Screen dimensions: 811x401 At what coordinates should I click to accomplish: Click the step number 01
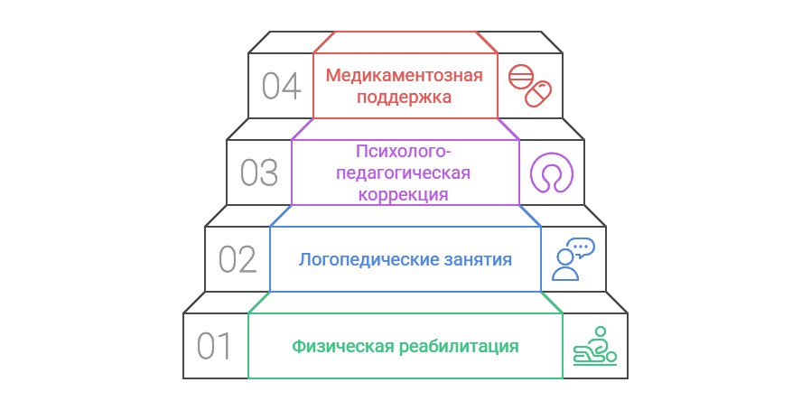(215, 346)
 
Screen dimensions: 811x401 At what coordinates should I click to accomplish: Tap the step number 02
(238, 260)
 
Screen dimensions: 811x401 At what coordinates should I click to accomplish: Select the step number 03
(259, 173)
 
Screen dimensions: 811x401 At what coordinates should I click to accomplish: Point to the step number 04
(281, 87)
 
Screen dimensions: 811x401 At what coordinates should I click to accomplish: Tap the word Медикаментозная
(405, 75)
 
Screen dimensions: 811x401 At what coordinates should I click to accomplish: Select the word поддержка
(405, 97)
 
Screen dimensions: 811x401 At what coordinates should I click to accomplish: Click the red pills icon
(529, 86)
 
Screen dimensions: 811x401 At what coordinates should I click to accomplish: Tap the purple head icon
(551, 173)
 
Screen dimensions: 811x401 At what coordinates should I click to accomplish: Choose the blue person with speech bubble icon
(573, 259)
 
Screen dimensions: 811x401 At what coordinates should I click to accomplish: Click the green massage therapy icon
(594, 346)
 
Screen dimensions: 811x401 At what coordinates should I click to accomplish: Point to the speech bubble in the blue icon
(582, 247)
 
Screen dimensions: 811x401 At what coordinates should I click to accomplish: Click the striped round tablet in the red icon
(519, 77)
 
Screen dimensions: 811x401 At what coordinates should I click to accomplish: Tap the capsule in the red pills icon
(539, 94)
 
